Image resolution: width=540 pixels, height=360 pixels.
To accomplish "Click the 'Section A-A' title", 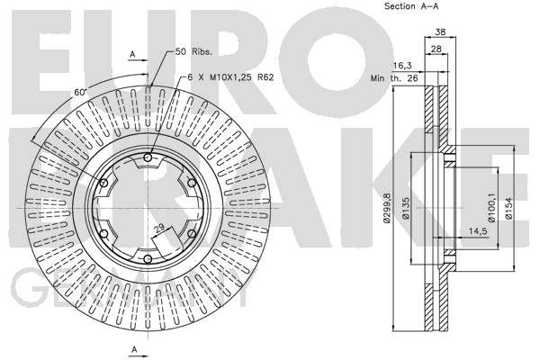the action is pyautogui.click(x=411, y=6).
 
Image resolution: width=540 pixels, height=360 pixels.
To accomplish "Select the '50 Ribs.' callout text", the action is pyautogui.click(x=193, y=52).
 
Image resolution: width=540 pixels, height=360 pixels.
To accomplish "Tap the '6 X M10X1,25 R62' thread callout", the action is pyautogui.click(x=230, y=77).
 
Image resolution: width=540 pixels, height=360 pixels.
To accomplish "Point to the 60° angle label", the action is pyautogui.click(x=79, y=92).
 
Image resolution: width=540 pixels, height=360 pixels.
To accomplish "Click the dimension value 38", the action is pyautogui.click(x=440, y=32).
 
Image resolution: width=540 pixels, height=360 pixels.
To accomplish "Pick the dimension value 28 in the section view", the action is pyautogui.click(x=436, y=49).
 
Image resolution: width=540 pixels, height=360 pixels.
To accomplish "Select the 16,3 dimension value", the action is pyautogui.click(x=402, y=66).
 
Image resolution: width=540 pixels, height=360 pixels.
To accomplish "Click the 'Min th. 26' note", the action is pyautogui.click(x=394, y=78).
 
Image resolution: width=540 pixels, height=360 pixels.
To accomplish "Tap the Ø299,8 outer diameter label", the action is pyautogui.click(x=387, y=208).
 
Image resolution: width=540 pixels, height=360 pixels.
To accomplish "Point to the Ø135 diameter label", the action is pyautogui.click(x=407, y=208).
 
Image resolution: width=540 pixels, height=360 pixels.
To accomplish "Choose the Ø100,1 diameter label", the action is pyautogui.click(x=491, y=208).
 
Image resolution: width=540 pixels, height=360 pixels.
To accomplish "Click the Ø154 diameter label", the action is pyautogui.click(x=509, y=208).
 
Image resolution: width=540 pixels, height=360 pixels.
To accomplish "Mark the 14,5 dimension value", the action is pyautogui.click(x=478, y=231).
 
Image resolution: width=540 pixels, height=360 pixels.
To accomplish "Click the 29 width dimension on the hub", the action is pyautogui.click(x=158, y=229).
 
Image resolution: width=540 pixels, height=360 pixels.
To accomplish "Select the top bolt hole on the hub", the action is pyautogui.click(x=148, y=157).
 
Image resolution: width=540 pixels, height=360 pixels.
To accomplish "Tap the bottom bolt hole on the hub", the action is pyautogui.click(x=148, y=259).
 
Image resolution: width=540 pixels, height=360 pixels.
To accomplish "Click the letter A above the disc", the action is pyautogui.click(x=132, y=54).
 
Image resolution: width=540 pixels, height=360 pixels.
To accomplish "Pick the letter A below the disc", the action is pyautogui.click(x=135, y=350).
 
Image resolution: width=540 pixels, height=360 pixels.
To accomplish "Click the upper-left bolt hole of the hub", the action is pyautogui.click(x=103, y=183).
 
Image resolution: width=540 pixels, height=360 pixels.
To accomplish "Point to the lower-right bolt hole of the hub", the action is pyautogui.click(x=192, y=234).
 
